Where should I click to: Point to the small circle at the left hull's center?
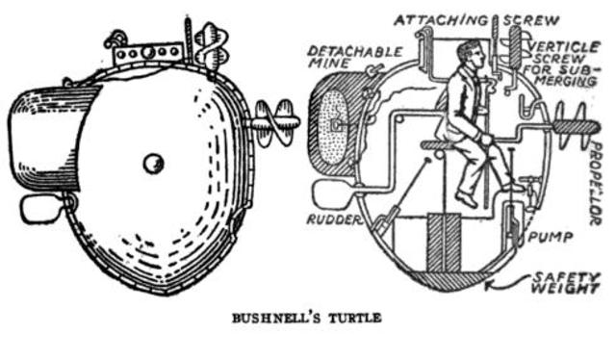154,164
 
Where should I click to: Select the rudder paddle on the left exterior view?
39,207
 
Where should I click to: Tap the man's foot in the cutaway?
466,201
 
